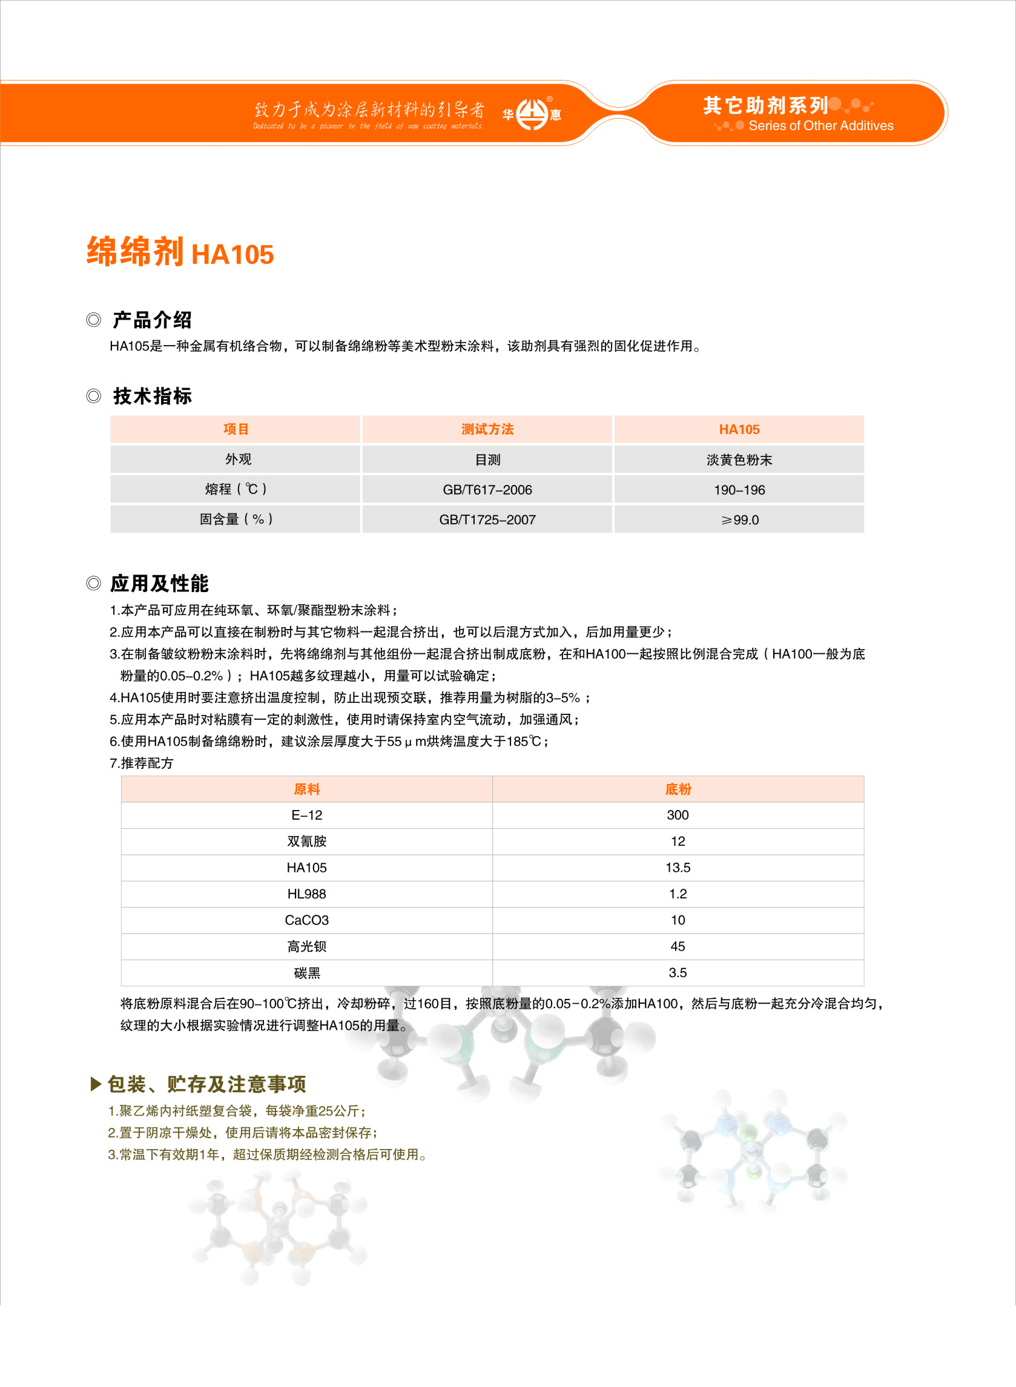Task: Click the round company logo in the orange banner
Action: pos(532,114)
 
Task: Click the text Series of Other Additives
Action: pos(820,126)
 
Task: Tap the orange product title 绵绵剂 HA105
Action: pos(180,252)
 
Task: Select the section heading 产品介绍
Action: pos(152,320)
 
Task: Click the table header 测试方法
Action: pos(487,429)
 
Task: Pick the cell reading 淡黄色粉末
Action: pos(739,460)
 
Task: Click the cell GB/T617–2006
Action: pos(487,489)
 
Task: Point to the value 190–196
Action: pos(739,489)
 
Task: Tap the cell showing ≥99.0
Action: pos(739,519)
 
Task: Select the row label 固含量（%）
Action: pos(236,519)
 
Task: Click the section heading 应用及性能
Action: pos(159,583)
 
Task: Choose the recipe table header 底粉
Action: pos(678,789)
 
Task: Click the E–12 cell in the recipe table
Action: pos(306,815)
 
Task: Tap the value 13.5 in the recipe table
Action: pos(678,868)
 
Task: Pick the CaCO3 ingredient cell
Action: pos(306,920)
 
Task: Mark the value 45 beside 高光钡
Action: pos(678,946)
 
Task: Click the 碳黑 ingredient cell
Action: pos(306,973)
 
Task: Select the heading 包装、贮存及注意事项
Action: pos(206,1084)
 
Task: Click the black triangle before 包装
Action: pos(95,1084)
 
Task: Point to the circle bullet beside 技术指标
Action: pos(93,396)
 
